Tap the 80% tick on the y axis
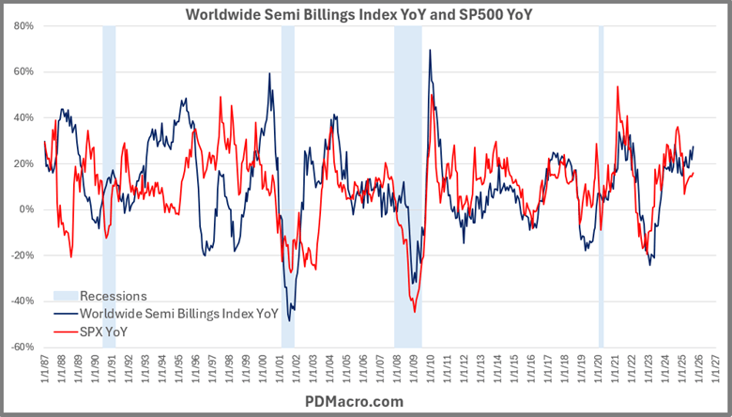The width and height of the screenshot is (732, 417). pyautogui.click(x=23, y=26)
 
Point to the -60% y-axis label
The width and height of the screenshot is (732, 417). pyautogui.click(x=21, y=347)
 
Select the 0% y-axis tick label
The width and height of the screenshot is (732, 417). pyautogui.click(x=25, y=209)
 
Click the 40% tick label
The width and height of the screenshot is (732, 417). pyautogui.click(x=23, y=117)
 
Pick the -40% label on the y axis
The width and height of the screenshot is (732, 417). pyautogui.click(x=21, y=301)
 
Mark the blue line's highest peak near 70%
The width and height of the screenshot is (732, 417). pyautogui.click(x=430, y=51)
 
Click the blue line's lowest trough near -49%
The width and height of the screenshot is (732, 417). pyautogui.click(x=289, y=321)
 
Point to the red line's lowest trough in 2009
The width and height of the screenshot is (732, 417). pyautogui.click(x=414, y=312)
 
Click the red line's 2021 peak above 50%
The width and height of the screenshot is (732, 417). pyautogui.click(x=618, y=87)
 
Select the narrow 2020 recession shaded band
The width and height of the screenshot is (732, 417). pyautogui.click(x=601, y=188)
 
